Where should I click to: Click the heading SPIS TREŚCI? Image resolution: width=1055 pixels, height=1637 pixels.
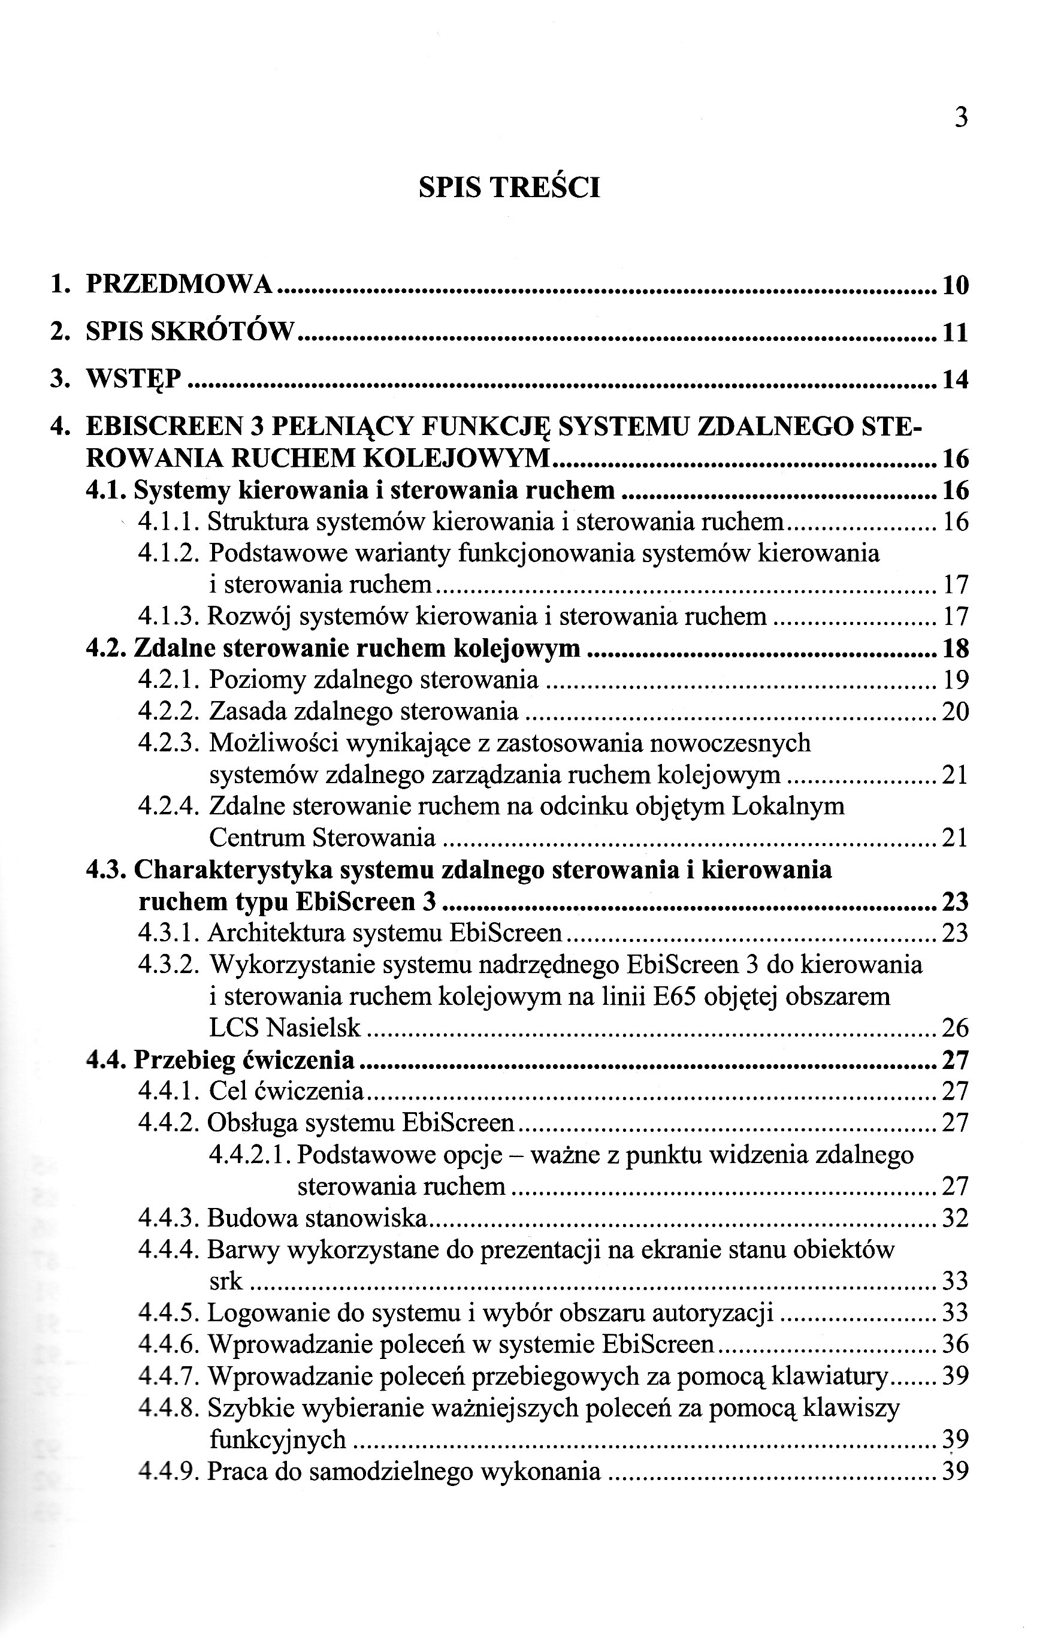tap(509, 188)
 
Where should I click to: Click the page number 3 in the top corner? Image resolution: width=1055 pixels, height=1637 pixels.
tap(960, 119)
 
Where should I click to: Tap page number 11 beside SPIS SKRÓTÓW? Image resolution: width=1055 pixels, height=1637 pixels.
tap(955, 333)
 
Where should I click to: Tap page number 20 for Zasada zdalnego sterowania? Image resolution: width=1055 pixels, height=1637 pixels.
tap(955, 712)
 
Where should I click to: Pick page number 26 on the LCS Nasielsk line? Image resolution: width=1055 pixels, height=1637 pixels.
tap(955, 1028)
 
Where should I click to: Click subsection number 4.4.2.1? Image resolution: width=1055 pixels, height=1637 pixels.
tap(251, 1155)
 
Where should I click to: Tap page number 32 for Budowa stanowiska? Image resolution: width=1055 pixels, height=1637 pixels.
tap(955, 1218)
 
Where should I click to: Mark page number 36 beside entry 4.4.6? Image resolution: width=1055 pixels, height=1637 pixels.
tap(955, 1345)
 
